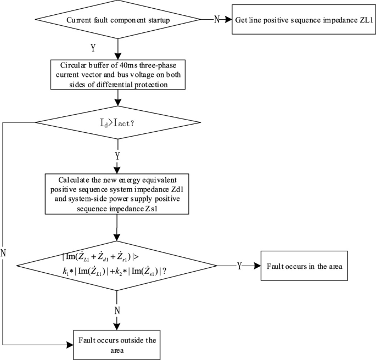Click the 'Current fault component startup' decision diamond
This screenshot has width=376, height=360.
click(117, 20)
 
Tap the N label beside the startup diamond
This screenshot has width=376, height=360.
click(216, 20)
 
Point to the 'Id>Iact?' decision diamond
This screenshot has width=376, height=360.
click(117, 122)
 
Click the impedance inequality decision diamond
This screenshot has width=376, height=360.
click(117, 266)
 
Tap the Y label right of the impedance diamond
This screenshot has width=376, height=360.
click(239, 266)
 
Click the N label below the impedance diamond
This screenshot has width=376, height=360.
click(117, 310)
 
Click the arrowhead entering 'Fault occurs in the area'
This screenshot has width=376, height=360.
click(259, 266)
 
